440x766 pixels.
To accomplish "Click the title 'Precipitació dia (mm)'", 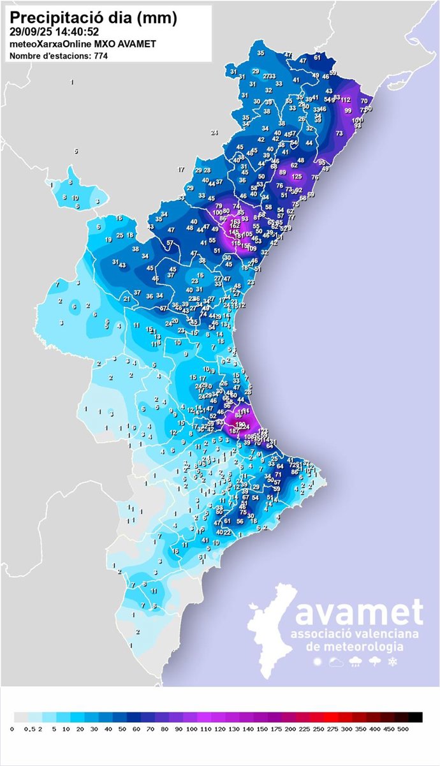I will coord(94,17).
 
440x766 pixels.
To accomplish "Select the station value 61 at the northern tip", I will coord(318,57).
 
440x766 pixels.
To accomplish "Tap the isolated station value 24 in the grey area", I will coord(214,133).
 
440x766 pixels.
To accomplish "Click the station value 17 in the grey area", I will coord(181,170).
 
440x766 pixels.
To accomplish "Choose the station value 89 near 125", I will coord(282,172).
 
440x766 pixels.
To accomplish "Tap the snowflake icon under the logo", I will coord(393,663).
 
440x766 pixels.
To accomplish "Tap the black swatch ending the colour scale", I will coord(415,716).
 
